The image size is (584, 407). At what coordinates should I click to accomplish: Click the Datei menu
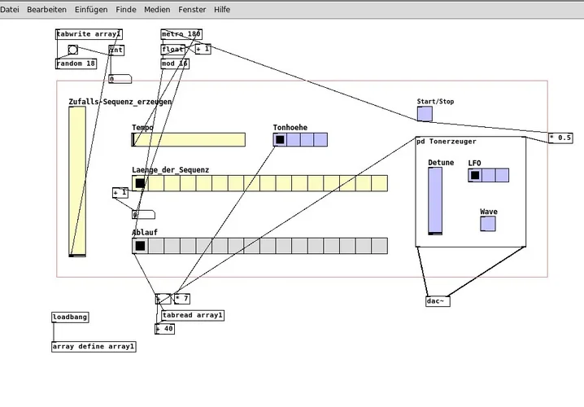(x=11, y=9)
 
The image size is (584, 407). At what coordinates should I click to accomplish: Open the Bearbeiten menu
(x=47, y=9)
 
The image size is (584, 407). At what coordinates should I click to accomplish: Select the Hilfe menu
(x=222, y=9)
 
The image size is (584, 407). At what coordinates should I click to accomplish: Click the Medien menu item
(x=157, y=9)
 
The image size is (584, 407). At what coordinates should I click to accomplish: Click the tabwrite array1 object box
(x=89, y=34)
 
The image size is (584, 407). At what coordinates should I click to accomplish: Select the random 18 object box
(x=76, y=63)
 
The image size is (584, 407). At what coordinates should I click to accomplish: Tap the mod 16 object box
(x=175, y=63)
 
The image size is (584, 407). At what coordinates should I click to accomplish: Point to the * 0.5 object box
(x=560, y=138)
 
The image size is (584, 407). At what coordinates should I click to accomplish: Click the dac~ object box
(x=437, y=301)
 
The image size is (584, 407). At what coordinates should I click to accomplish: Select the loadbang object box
(x=71, y=317)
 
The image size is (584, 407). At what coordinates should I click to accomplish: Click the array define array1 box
(x=94, y=346)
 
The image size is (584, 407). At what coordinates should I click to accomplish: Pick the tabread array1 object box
(x=193, y=315)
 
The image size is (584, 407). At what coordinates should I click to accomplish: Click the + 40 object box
(x=165, y=329)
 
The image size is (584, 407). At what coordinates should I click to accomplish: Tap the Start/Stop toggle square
(x=425, y=114)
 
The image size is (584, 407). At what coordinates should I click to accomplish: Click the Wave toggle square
(x=488, y=223)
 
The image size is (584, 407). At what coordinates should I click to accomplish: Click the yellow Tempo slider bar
(x=189, y=139)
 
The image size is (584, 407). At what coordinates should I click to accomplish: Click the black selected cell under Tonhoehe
(x=280, y=139)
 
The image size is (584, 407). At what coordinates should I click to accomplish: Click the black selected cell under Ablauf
(x=140, y=245)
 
